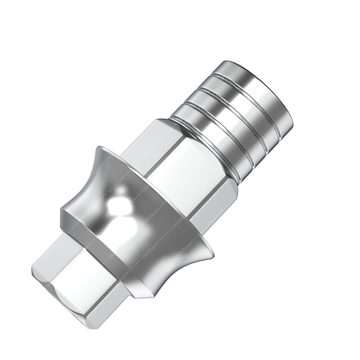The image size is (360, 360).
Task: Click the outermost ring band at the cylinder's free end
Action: point(252,90)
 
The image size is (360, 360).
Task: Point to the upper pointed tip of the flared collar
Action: point(99,149)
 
